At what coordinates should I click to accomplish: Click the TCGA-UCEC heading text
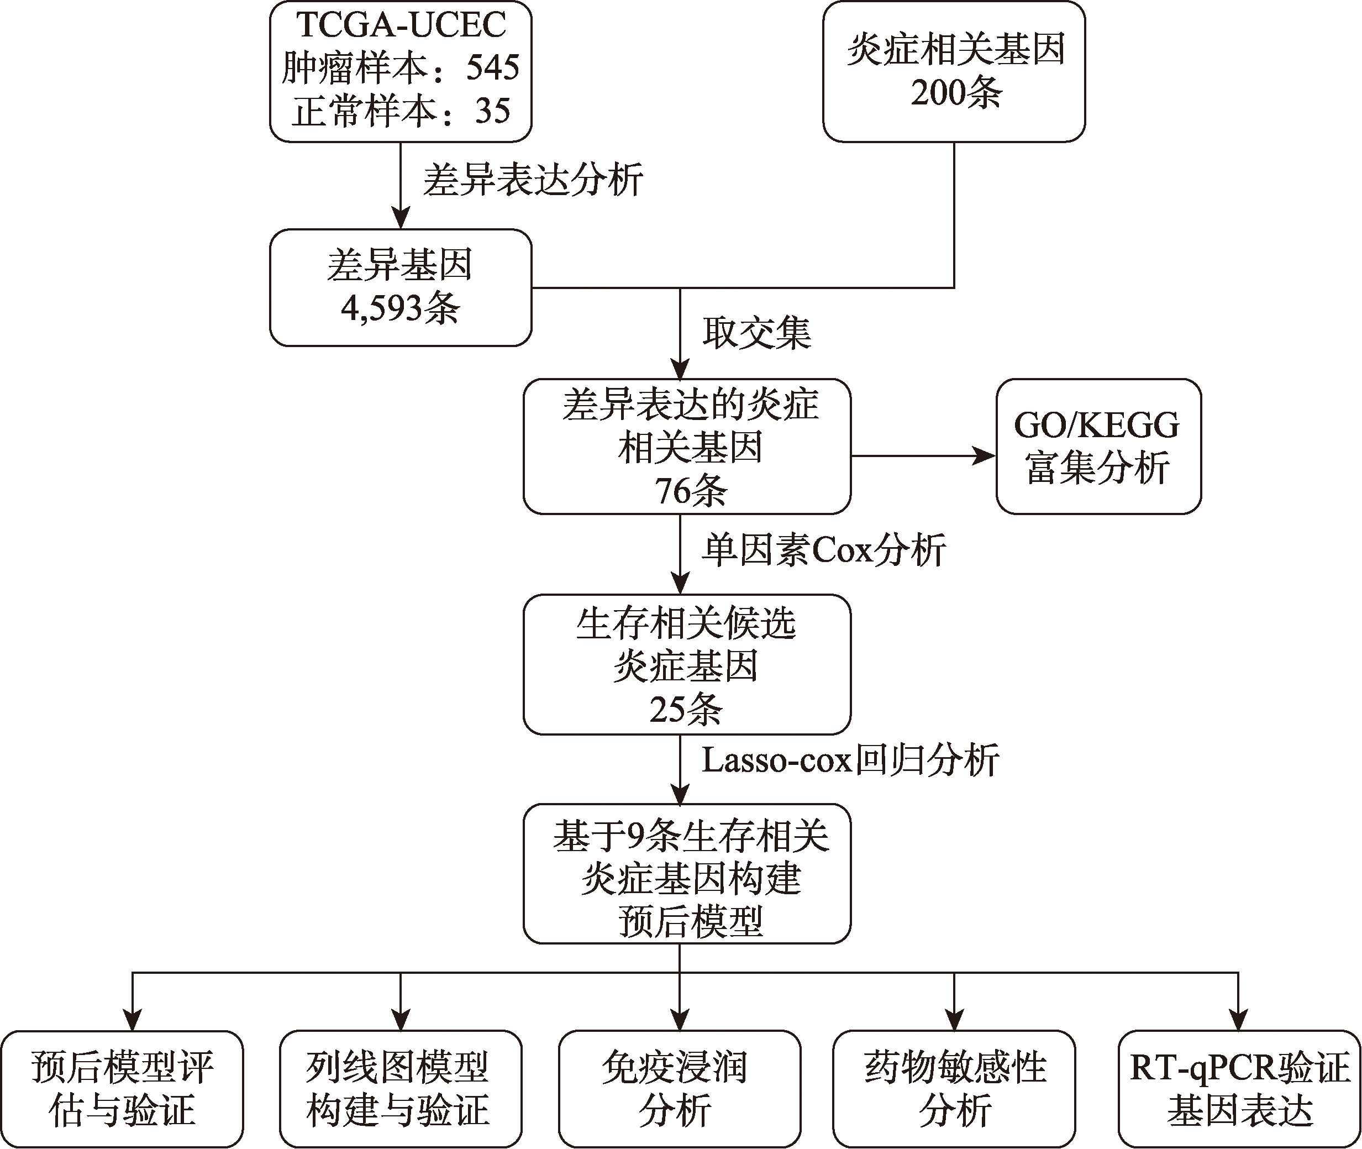(401, 26)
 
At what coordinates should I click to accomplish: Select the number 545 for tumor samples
(492, 69)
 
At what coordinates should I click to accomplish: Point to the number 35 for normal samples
(492, 111)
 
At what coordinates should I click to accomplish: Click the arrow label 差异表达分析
(533, 180)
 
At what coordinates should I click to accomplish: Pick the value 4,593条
(401, 308)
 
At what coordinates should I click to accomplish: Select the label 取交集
(756, 333)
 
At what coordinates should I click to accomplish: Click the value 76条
(690, 491)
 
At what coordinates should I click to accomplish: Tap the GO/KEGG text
(1096, 426)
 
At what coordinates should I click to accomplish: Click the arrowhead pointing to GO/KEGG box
(985, 456)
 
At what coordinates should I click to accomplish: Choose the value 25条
(686, 709)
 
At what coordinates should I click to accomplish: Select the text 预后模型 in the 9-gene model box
(690, 922)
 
